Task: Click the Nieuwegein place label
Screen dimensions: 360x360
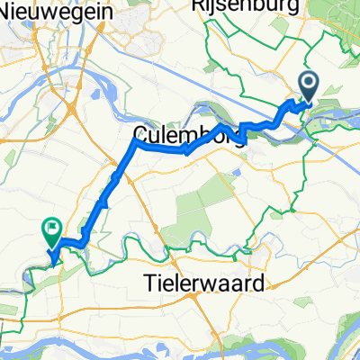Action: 52,13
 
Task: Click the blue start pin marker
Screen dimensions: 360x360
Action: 308,88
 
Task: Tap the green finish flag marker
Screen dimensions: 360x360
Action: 51,232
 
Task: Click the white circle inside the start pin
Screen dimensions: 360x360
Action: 308,85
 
